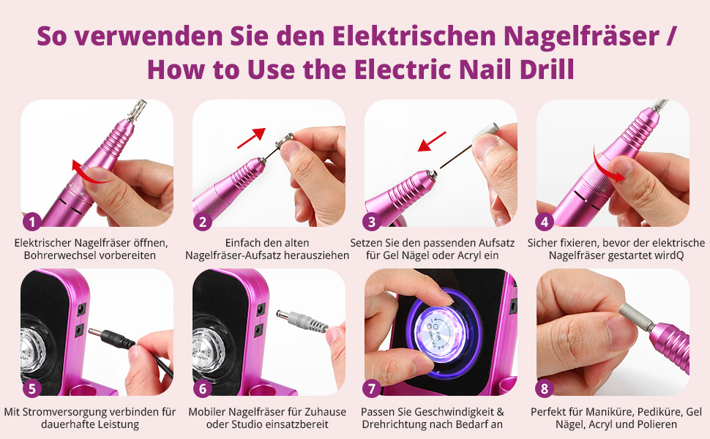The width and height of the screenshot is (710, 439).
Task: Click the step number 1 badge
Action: point(31,222)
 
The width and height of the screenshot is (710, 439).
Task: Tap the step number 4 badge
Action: point(545,222)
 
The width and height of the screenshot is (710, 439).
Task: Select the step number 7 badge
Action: point(372,389)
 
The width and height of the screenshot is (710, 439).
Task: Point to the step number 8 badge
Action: point(545,389)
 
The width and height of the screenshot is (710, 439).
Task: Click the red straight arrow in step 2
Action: point(251,138)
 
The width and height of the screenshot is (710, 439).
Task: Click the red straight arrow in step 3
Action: point(432,142)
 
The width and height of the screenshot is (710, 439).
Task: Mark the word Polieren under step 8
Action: point(657,424)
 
